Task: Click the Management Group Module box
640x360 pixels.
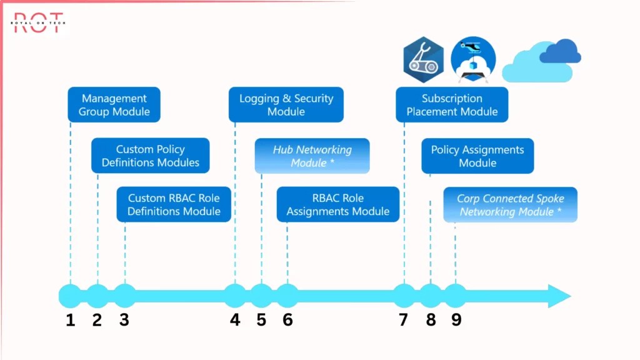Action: tap(114, 105)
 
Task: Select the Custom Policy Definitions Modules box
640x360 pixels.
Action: tap(150, 156)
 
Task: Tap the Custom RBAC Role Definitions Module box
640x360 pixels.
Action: tap(174, 204)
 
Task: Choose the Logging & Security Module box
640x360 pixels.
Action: tap(286, 105)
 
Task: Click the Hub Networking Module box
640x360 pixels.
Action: tap(312, 156)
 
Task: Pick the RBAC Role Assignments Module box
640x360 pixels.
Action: tap(337, 204)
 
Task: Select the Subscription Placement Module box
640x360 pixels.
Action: tap(452, 105)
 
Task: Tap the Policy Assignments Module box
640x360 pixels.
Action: tap(477, 156)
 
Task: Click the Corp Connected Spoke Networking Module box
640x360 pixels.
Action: tap(510, 204)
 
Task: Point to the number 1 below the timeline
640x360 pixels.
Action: tap(70, 320)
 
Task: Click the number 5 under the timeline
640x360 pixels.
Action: tap(261, 320)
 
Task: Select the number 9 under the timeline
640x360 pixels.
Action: tap(456, 320)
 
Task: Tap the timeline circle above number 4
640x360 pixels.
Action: tap(235, 296)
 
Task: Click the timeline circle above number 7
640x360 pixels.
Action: tap(404, 296)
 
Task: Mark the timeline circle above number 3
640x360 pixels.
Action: tap(125, 296)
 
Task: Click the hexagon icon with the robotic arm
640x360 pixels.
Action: tap(423, 60)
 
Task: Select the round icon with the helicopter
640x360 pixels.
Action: tap(473, 60)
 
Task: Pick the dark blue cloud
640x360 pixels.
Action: tap(560, 51)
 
